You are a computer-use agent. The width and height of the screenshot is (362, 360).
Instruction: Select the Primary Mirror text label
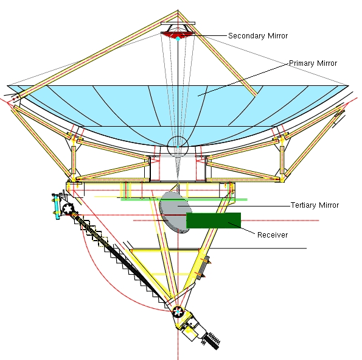pos(312,63)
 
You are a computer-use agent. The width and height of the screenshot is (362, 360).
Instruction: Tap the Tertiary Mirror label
pos(315,205)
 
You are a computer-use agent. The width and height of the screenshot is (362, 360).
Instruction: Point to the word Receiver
pos(273,235)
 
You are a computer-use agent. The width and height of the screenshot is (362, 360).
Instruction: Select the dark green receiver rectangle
pos(213,221)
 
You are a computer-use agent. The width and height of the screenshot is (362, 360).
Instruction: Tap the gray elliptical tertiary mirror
pos(173,211)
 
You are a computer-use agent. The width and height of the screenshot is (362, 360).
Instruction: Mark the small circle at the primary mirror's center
pos(178,146)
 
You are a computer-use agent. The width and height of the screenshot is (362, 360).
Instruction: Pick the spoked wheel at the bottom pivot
pos(178,312)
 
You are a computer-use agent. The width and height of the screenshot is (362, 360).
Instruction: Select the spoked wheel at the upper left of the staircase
pos(68,208)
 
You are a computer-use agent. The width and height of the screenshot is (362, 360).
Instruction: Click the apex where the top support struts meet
pos(178,11)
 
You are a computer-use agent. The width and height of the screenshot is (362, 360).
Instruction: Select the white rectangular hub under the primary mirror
pos(178,168)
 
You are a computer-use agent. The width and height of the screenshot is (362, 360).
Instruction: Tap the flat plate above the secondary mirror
pos(178,25)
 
